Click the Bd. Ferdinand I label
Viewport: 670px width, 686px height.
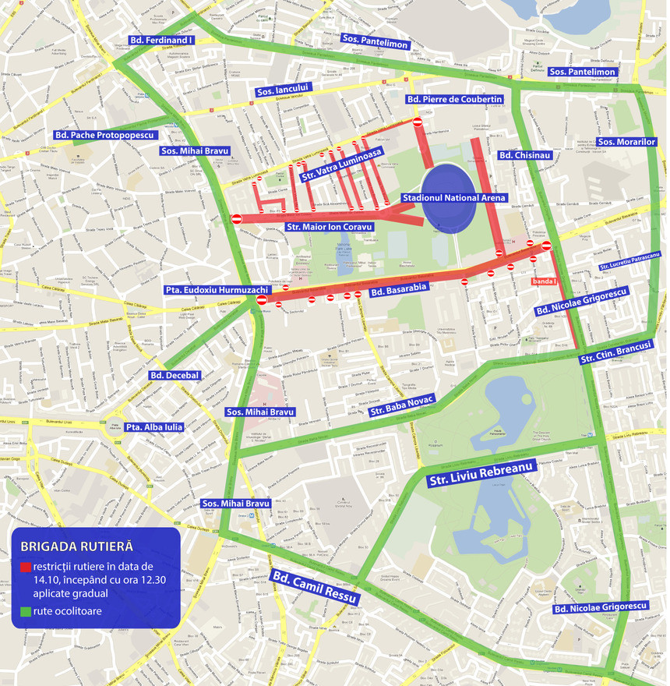(160, 40)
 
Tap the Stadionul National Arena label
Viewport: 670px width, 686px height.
(453, 198)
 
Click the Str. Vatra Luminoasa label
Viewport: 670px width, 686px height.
(342, 164)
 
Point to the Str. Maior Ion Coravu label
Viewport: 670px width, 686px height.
(330, 227)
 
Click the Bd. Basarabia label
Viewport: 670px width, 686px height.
(398, 291)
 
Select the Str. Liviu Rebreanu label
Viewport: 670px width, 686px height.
(480, 473)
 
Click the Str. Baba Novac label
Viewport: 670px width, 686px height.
(402, 405)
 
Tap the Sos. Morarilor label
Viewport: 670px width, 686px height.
(626, 143)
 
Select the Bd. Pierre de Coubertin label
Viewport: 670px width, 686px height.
(454, 100)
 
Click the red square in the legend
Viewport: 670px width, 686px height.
(26, 567)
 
